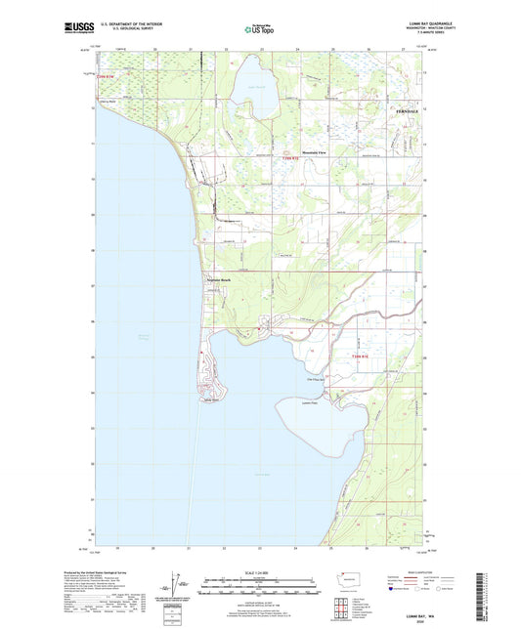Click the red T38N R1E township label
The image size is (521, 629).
point(359,356)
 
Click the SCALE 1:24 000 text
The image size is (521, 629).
point(259,571)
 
